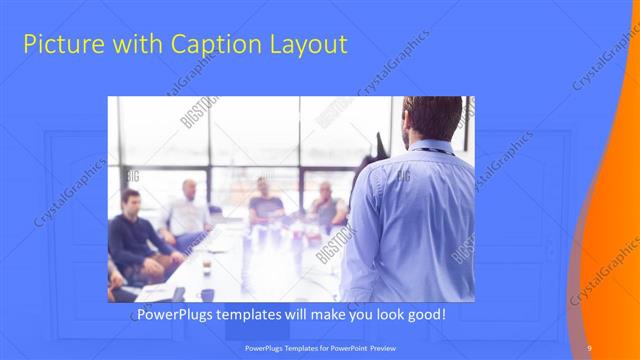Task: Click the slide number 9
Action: click(x=589, y=347)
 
